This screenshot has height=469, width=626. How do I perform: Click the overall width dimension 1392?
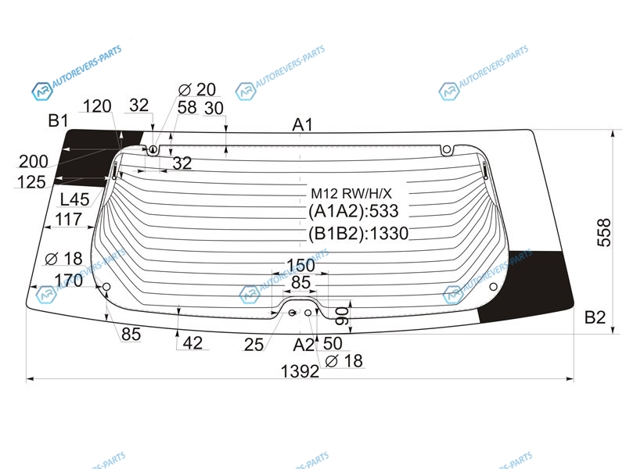[x=300, y=371]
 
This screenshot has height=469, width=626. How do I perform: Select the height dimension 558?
[x=604, y=232]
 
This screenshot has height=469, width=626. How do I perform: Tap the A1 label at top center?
[x=302, y=125]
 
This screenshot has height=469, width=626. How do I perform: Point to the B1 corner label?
[x=58, y=120]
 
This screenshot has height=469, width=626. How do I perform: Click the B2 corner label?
[x=595, y=317]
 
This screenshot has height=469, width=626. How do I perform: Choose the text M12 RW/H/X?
[x=351, y=193]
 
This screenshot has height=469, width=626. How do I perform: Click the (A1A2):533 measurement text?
[x=354, y=211]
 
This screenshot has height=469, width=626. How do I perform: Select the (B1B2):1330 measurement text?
[x=358, y=233]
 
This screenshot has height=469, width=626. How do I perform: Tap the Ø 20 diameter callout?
[x=197, y=90]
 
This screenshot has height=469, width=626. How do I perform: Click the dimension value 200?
[x=34, y=162]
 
